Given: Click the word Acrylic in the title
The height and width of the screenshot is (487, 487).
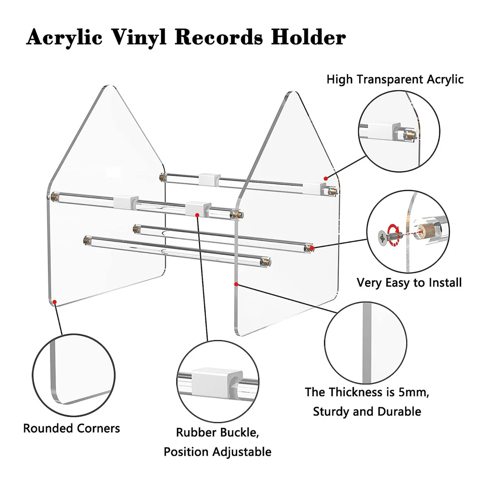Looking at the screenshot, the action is tap(64, 37).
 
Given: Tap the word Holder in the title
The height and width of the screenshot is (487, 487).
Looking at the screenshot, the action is tap(308, 37).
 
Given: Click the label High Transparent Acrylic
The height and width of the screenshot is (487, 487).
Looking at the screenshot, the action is tap(395, 79).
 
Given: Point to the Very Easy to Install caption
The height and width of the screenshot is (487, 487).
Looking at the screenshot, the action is tap(409, 282).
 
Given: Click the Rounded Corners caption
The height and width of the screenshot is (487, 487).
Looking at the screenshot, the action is tap(71, 428).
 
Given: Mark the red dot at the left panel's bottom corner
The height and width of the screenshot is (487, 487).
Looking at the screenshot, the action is tap(55, 302).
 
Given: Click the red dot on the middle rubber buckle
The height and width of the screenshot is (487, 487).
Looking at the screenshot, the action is tap(197, 215).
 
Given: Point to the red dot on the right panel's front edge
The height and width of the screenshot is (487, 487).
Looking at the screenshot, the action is tap(236, 284).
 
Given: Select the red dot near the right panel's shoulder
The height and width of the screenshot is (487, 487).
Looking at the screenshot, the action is tap(325, 178).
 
